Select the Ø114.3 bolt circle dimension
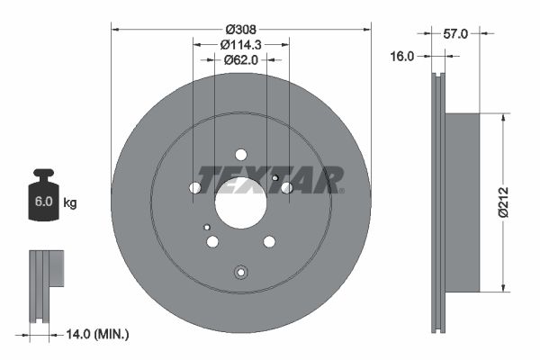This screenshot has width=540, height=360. pos(240,43)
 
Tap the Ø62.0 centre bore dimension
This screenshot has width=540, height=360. pos(240,60)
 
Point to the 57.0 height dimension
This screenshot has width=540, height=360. pos(456,33)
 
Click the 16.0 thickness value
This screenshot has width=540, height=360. pos(402,56)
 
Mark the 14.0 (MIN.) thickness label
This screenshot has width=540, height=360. pos(98,334)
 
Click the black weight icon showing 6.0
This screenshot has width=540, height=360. pos(43,198)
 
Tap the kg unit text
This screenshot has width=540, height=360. pos(70,203)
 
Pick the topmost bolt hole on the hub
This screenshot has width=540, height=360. pos(241,154)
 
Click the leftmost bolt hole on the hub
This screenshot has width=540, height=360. pos(195,188)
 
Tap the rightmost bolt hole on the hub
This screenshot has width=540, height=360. pos(286,187)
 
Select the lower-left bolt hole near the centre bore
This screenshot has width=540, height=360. pos(212,241)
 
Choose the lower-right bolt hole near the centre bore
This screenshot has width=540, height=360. pos(268,241)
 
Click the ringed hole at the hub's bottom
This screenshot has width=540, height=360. pos(240,274)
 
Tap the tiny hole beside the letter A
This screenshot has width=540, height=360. pos(274,178)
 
